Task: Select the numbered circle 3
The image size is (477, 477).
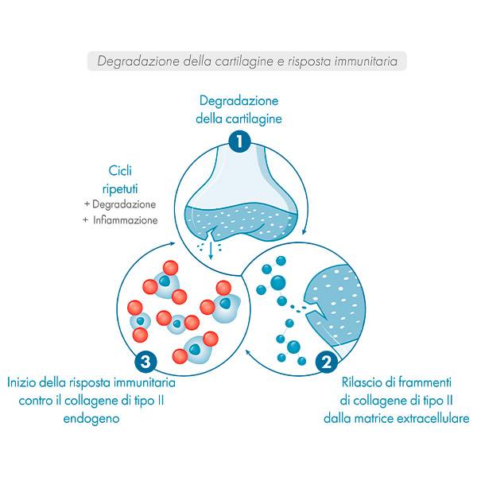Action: click(143, 362)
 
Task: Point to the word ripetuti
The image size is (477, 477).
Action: click(122, 187)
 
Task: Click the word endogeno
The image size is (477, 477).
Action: click(91, 417)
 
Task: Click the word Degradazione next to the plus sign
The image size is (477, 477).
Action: click(123, 204)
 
